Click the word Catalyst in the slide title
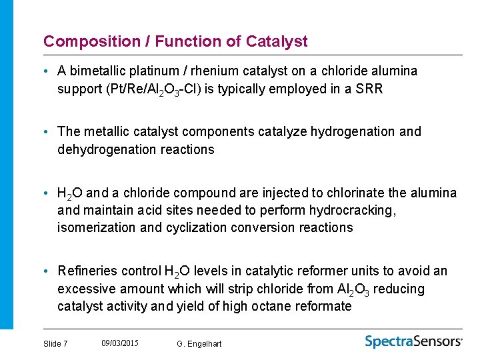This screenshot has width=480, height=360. pos(277,41)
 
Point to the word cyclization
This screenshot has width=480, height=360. pos(191,228)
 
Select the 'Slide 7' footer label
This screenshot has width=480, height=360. pos(55,344)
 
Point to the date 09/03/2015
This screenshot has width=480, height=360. pos(120,343)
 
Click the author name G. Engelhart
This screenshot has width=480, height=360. pos(199,344)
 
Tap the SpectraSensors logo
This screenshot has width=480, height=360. pos(413,341)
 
